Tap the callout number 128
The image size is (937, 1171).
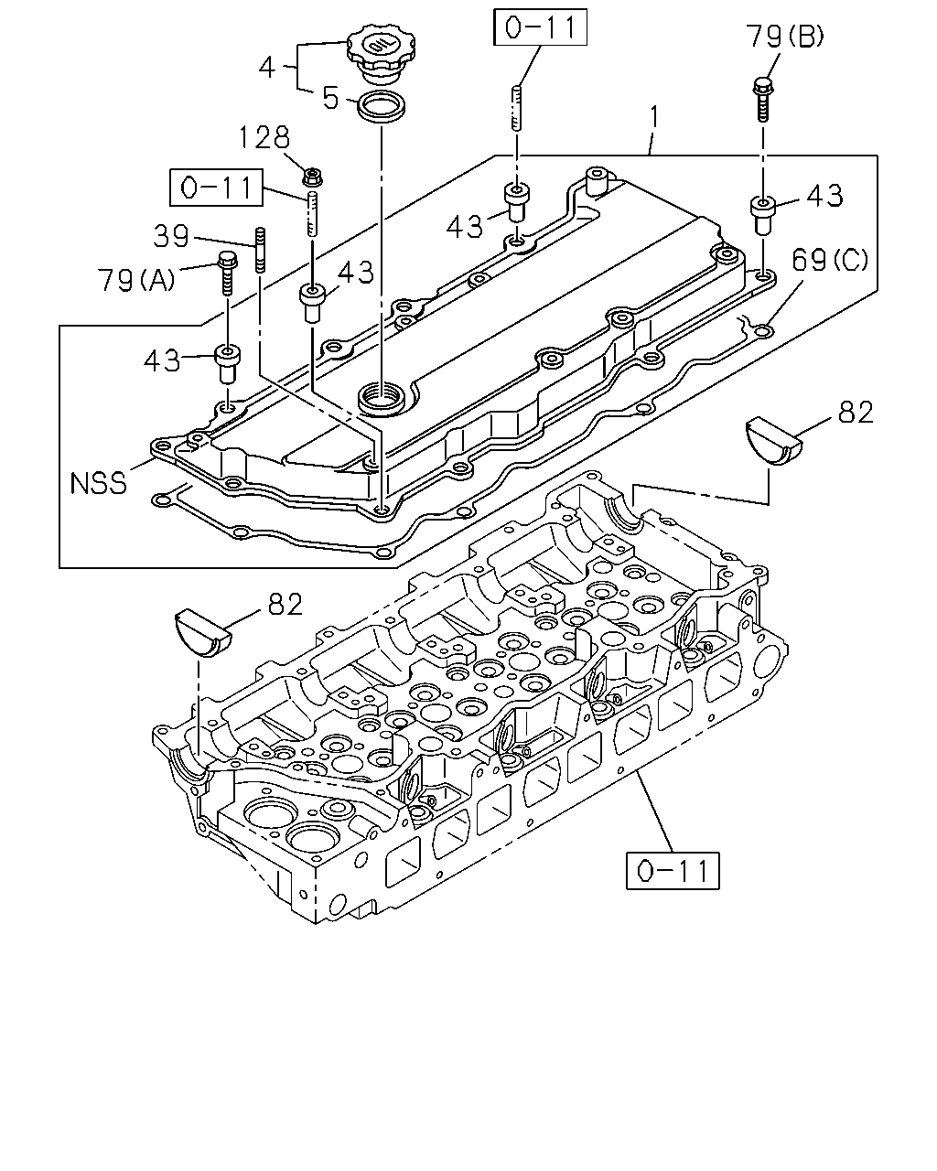pyautogui.click(x=264, y=137)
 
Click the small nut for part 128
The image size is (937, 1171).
pyautogui.click(x=312, y=177)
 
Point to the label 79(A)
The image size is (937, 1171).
pyautogui.click(x=136, y=280)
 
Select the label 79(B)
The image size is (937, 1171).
pyautogui.click(x=784, y=36)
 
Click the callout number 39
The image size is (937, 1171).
pyautogui.click(x=171, y=236)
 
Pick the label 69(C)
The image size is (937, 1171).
pyautogui.click(x=830, y=260)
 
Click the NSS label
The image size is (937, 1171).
pyautogui.click(x=99, y=483)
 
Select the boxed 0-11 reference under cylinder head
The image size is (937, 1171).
pyautogui.click(x=673, y=871)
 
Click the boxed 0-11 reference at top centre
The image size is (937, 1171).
pyautogui.click(x=540, y=27)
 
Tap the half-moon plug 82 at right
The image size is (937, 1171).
pyautogui.click(x=773, y=440)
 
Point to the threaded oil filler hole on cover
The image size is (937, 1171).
pyautogui.click(x=382, y=398)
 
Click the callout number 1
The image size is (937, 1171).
pyautogui.click(x=654, y=117)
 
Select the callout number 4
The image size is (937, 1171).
pyautogui.click(x=267, y=68)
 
